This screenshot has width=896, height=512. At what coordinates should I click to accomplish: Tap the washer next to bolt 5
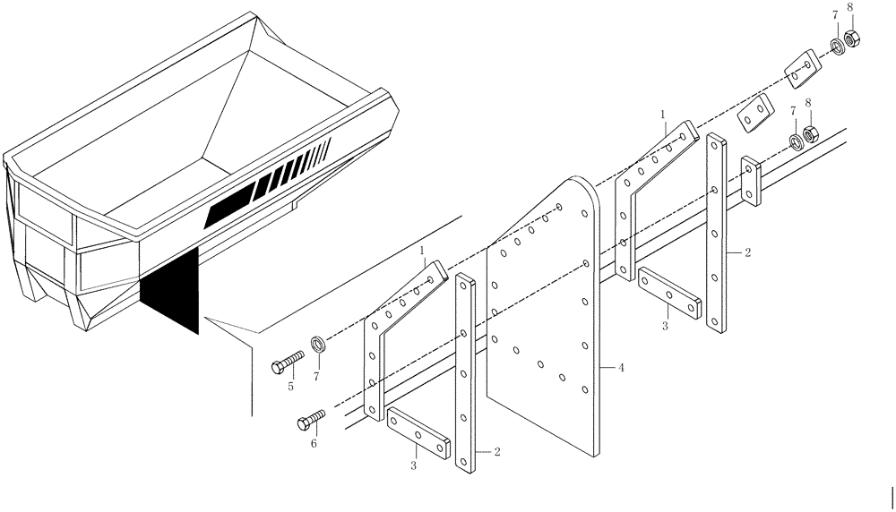click(x=318, y=344)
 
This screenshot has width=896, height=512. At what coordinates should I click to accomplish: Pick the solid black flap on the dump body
click(x=169, y=292)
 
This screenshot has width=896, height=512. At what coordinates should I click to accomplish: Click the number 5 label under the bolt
click(x=289, y=387)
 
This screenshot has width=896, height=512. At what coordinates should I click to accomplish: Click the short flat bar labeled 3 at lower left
click(x=418, y=435)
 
